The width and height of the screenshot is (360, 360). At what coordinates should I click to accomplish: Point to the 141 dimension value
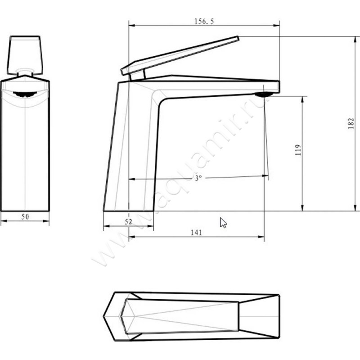point(196,232)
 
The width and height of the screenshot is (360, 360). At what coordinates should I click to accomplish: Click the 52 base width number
point(128,222)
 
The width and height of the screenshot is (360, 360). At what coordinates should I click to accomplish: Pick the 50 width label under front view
point(25,216)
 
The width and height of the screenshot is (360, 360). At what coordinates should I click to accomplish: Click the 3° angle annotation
point(198,178)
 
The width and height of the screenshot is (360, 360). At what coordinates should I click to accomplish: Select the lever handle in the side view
point(180,56)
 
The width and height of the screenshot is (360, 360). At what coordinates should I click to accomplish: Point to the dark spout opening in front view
point(25,94)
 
